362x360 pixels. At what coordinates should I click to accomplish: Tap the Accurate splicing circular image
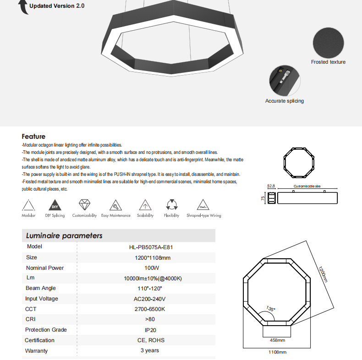(284, 80)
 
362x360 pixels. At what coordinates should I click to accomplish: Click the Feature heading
(33, 136)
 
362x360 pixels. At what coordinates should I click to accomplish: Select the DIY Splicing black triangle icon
(55, 205)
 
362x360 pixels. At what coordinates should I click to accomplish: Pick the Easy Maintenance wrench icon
(115, 205)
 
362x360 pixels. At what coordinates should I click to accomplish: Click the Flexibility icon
(171, 205)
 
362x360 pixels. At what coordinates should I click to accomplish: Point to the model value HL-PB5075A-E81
(151, 247)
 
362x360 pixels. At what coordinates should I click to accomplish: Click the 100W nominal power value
(151, 268)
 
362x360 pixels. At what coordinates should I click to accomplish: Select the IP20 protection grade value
(151, 330)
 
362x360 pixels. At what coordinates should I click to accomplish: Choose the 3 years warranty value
(149, 350)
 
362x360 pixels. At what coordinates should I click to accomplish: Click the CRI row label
(30, 319)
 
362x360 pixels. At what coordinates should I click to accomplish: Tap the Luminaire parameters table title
(64, 236)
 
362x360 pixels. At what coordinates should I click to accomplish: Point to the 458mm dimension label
(277, 341)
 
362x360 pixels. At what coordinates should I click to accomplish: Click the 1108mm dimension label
(277, 352)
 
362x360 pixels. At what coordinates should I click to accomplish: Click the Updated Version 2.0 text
(57, 6)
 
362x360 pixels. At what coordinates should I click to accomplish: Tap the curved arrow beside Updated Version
(22, 7)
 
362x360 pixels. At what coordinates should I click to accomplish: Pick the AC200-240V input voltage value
(151, 299)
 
